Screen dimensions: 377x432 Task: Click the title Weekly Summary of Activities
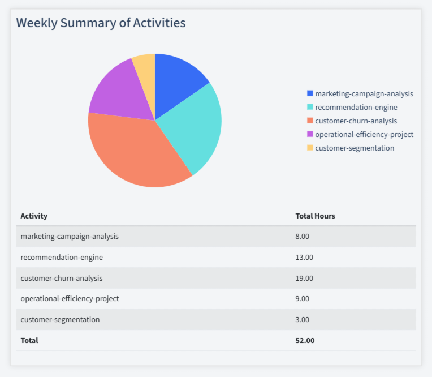coord(101,23)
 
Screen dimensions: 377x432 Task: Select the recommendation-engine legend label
coord(356,107)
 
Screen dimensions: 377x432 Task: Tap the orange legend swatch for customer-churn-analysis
coord(310,121)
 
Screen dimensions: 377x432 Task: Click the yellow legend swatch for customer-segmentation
coord(310,148)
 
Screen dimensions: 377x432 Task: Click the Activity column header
coord(34,216)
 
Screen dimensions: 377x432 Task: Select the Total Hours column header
coord(315,216)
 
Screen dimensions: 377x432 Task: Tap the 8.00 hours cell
coord(303,237)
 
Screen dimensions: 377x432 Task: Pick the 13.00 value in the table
coord(304,258)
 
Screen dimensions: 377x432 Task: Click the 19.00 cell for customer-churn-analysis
coord(304,278)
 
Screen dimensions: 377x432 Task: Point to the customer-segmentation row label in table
coord(60,320)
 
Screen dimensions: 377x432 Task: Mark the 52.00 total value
coord(305,341)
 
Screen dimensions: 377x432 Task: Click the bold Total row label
coord(29,341)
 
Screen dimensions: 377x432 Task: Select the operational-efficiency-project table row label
coord(70,299)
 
